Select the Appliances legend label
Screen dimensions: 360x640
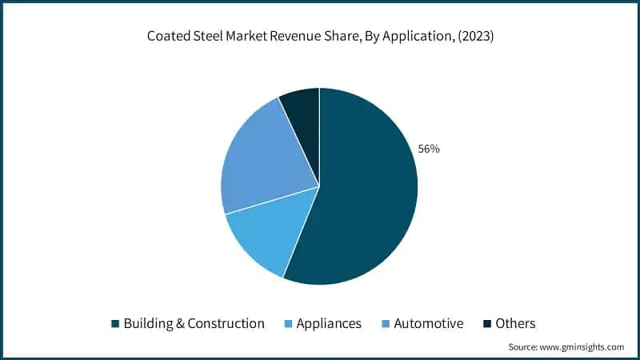tap(329, 323)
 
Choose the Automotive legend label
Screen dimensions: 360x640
tap(430, 323)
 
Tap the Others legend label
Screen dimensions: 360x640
tap(515, 323)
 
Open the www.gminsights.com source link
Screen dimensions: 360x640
tap(582, 347)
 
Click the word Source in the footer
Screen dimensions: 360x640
tap(522, 347)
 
